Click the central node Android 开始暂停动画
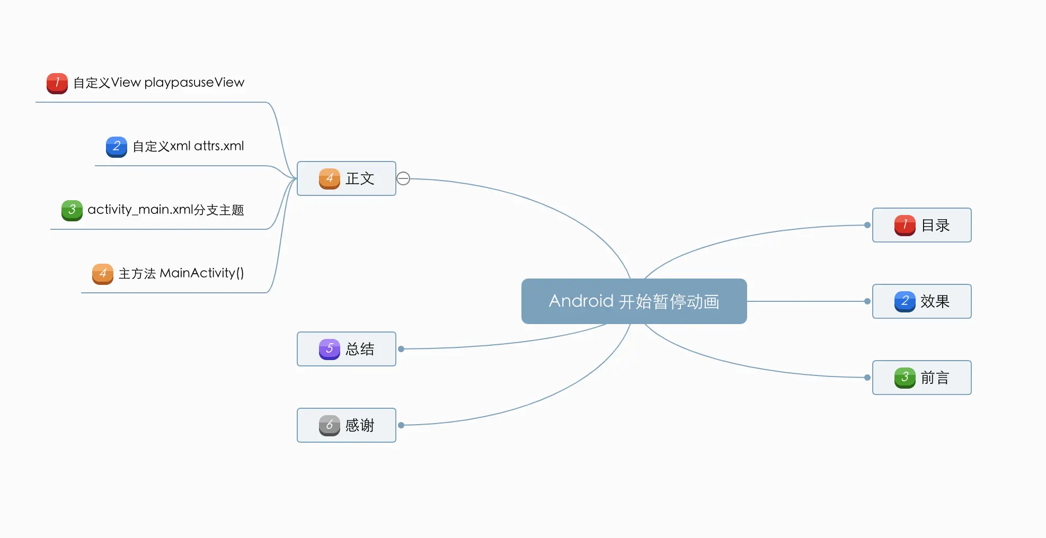click(x=634, y=301)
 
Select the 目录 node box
click(x=921, y=225)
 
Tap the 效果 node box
click(x=921, y=301)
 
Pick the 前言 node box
click(x=921, y=378)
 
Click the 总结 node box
click(x=346, y=349)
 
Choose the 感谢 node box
click(x=346, y=425)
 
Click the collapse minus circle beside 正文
click(x=403, y=178)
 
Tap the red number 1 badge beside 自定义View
click(x=57, y=83)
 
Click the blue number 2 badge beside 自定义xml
click(x=117, y=147)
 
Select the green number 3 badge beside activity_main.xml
click(x=72, y=210)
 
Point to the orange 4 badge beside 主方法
click(x=103, y=274)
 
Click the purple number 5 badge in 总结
click(x=329, y=349)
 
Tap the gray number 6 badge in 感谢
click(x=329, y=425)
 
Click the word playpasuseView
click(x=194, y=83)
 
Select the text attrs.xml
click(x=219, y=146)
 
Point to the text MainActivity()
click(x=202, y=273)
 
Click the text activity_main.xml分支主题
click(x=165, y=210)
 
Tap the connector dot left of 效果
click(x=867, y=301)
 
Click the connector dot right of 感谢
click(x=401, y=425)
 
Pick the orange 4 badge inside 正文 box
click(x=329, y=178)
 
